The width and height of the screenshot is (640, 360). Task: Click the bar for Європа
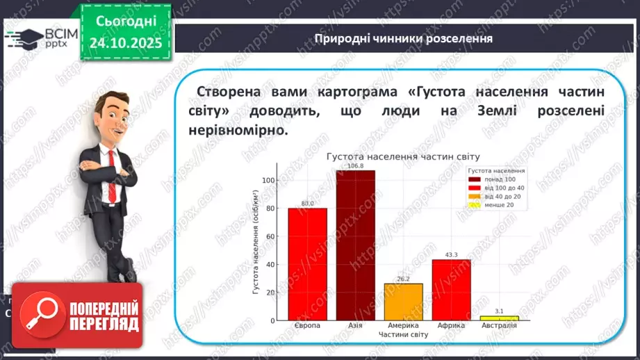307,263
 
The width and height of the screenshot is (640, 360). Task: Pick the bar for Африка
451,289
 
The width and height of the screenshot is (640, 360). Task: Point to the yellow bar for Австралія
499,318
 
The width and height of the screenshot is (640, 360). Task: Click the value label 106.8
355,165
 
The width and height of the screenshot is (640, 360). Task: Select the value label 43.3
451,255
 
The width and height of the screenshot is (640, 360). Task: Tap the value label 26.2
403,279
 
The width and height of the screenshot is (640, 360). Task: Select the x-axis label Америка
403,325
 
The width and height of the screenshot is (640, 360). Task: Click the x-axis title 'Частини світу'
403,334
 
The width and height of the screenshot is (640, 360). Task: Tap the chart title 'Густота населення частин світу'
404,157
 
